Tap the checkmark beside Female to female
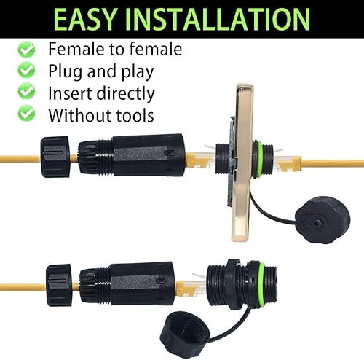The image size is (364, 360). (x=28, y=50)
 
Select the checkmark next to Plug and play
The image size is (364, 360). (x=28, y=71)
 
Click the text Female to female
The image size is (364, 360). (x=114, y=50)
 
